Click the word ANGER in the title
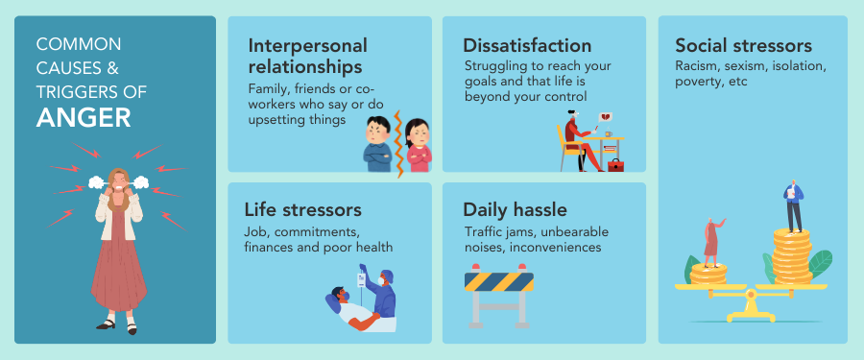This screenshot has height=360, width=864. click(x=84, y=117)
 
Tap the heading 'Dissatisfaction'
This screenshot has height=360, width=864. click(x=527, y=46)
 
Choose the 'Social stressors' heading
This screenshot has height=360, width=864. click(x=743, y=46)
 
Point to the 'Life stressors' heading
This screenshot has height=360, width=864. click(x=302, y=209)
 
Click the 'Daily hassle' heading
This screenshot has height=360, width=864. click(x=515, y=209)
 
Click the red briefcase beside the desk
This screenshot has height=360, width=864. click(x=615, y=165)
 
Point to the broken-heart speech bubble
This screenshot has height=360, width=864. click(x=608, y=119)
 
